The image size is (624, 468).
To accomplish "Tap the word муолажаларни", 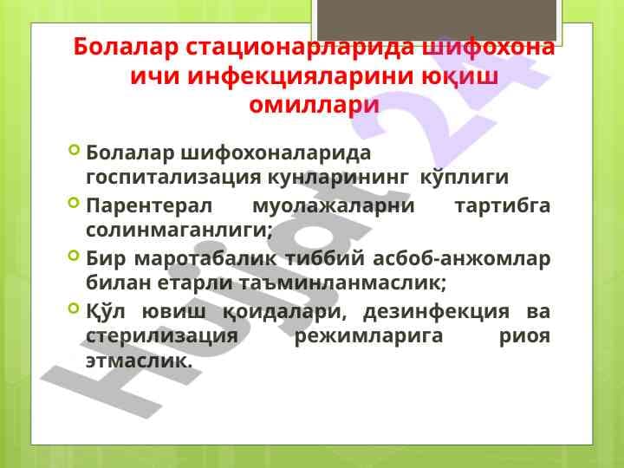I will pos(333,207).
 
